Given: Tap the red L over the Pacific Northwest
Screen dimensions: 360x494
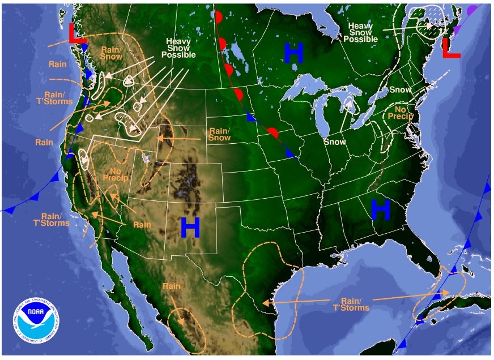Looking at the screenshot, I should click(x=77, y=33).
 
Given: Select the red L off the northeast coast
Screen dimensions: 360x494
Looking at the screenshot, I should click(x=451, y=48).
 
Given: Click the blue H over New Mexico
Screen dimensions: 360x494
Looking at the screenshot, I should click(x=190, y=228).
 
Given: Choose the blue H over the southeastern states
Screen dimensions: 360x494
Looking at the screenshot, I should click(x=381, y=210).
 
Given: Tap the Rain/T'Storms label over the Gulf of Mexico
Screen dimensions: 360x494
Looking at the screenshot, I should click(x=355, y=304).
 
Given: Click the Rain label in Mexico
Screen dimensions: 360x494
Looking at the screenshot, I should click(x=171, y=286).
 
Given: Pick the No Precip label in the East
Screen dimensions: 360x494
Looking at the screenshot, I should click(x=400, y=112).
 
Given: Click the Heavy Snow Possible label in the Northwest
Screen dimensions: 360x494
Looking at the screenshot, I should click(x=178, y=48).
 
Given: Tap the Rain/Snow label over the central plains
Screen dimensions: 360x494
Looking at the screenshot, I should click(x=219, y=134).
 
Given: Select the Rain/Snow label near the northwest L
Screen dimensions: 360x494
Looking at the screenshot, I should click(x=110, y=52).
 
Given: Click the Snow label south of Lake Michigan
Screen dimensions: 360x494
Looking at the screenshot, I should click(x=334, y=142).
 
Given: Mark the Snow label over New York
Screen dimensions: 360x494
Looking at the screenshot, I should click(x=400, y=90).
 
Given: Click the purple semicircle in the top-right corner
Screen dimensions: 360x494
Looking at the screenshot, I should click(x=472, y=10).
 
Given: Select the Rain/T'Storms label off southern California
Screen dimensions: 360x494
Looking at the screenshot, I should click(x=56, y=219).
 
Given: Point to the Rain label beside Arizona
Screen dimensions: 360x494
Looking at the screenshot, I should click(x=142, y=224).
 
